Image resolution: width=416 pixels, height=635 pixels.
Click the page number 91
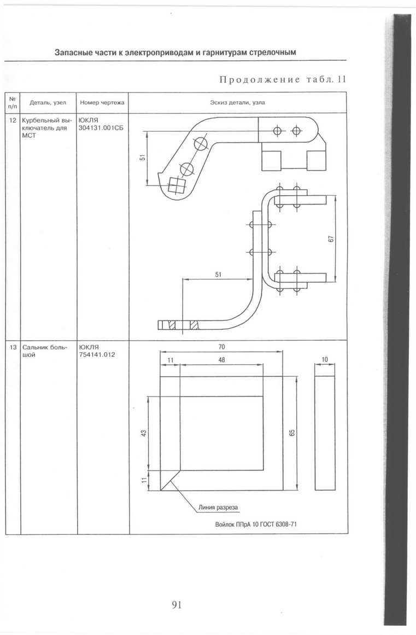(x=177, y=604)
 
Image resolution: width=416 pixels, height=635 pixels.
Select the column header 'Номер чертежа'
(x=102, y=102)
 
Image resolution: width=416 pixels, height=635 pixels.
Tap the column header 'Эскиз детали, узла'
(x=237, y=102)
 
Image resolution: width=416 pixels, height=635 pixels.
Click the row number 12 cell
(x=13, y=120)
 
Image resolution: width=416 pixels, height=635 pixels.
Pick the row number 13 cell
(x=13, y=347)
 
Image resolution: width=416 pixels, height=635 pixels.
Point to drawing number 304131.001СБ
(x=101, y=128)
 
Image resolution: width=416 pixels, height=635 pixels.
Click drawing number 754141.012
(x=97, y=354)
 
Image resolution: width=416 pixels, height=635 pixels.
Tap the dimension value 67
(x=331, y=239)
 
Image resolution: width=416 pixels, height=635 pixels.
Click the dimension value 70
(x=221, y=347)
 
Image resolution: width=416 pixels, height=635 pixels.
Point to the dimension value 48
(x=221, y=360)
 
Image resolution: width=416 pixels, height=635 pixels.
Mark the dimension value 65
(x=292, y=433)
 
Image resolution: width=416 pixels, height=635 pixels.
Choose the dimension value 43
(x=143, y=433)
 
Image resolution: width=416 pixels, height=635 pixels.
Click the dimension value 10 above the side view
(x=325, y=359)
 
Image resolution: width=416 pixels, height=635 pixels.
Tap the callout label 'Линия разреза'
(x=218, y=508)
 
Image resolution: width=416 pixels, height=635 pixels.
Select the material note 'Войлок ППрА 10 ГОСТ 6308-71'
(x=256, y=524)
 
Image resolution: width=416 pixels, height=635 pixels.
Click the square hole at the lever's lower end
(x=175, y=187)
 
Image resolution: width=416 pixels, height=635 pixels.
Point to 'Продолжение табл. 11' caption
(x=283, y=79)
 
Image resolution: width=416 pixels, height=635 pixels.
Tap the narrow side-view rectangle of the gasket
(x=325, y=433)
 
